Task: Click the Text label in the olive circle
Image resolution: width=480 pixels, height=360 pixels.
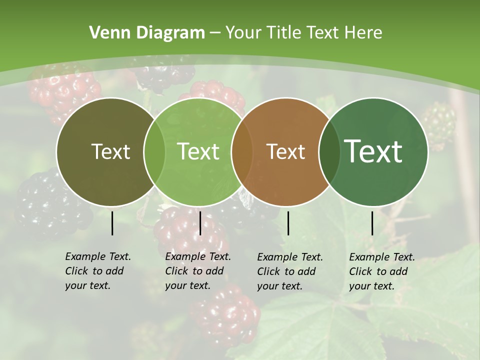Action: click(x=110, y=151)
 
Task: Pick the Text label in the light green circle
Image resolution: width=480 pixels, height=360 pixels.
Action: click(x=198, y=151)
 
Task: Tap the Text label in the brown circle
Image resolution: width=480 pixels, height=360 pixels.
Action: click(x=286, y=151)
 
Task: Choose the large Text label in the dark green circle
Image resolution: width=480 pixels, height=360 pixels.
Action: click(x=373, y=151)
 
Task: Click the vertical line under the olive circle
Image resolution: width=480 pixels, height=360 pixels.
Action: click(x=112, y=223)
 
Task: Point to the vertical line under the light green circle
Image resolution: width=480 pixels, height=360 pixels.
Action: click(x=200, y=223)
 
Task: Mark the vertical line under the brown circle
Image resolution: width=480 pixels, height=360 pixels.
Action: click(x=288, y=223)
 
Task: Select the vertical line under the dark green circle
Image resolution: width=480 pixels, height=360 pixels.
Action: click(x=372, y=223)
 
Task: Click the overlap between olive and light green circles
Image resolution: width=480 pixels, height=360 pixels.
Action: click(x=154, y=151)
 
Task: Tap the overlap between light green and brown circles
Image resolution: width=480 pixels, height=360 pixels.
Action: click(x=242, y=151)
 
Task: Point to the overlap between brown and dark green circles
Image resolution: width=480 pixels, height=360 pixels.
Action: click(x=329, y=151)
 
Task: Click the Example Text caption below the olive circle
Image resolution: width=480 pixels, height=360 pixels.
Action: click(x=97, y=271)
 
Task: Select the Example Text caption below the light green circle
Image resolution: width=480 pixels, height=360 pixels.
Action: click(x=197, y=271)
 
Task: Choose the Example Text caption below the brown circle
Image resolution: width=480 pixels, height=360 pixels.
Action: click(x=289, y=271)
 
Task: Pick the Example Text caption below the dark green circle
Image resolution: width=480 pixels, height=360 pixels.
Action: click(x=381, y=271)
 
